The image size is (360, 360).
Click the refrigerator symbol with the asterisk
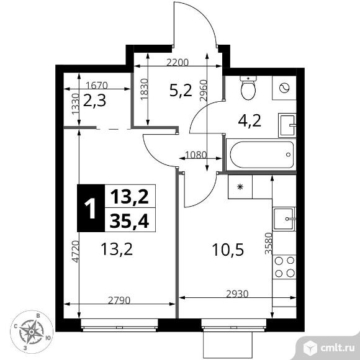point(240,185)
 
